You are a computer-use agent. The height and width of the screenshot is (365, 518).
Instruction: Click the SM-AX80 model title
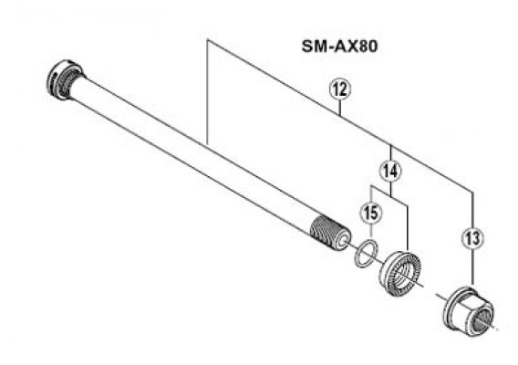pyautogui.click(x=339, y=47)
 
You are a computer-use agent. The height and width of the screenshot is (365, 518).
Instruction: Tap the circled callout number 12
pyautogui.click(x=340, y=90)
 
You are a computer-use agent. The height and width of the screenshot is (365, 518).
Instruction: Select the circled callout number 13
pyautogui.click(x=472, y=238)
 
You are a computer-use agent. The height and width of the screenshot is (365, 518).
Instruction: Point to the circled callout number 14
pyautogui.click(x=390, y=172)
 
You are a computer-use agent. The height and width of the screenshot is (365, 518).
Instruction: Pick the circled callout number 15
pyautogui.click(x=371, y=213)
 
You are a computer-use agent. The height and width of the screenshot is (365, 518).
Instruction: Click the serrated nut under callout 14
pyautogui.click(x=400, y=274)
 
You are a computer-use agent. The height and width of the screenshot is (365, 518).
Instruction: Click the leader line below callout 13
pyautogui.click(x=472, y=266)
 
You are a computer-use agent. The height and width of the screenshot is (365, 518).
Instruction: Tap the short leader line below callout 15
pyautogui.click(x=370, y=231)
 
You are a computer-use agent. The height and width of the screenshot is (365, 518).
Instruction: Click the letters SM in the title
pyautogui.click(x=312, y=47)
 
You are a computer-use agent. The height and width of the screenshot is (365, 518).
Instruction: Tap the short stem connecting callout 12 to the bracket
pyautogui.click(x=340, y=107)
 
